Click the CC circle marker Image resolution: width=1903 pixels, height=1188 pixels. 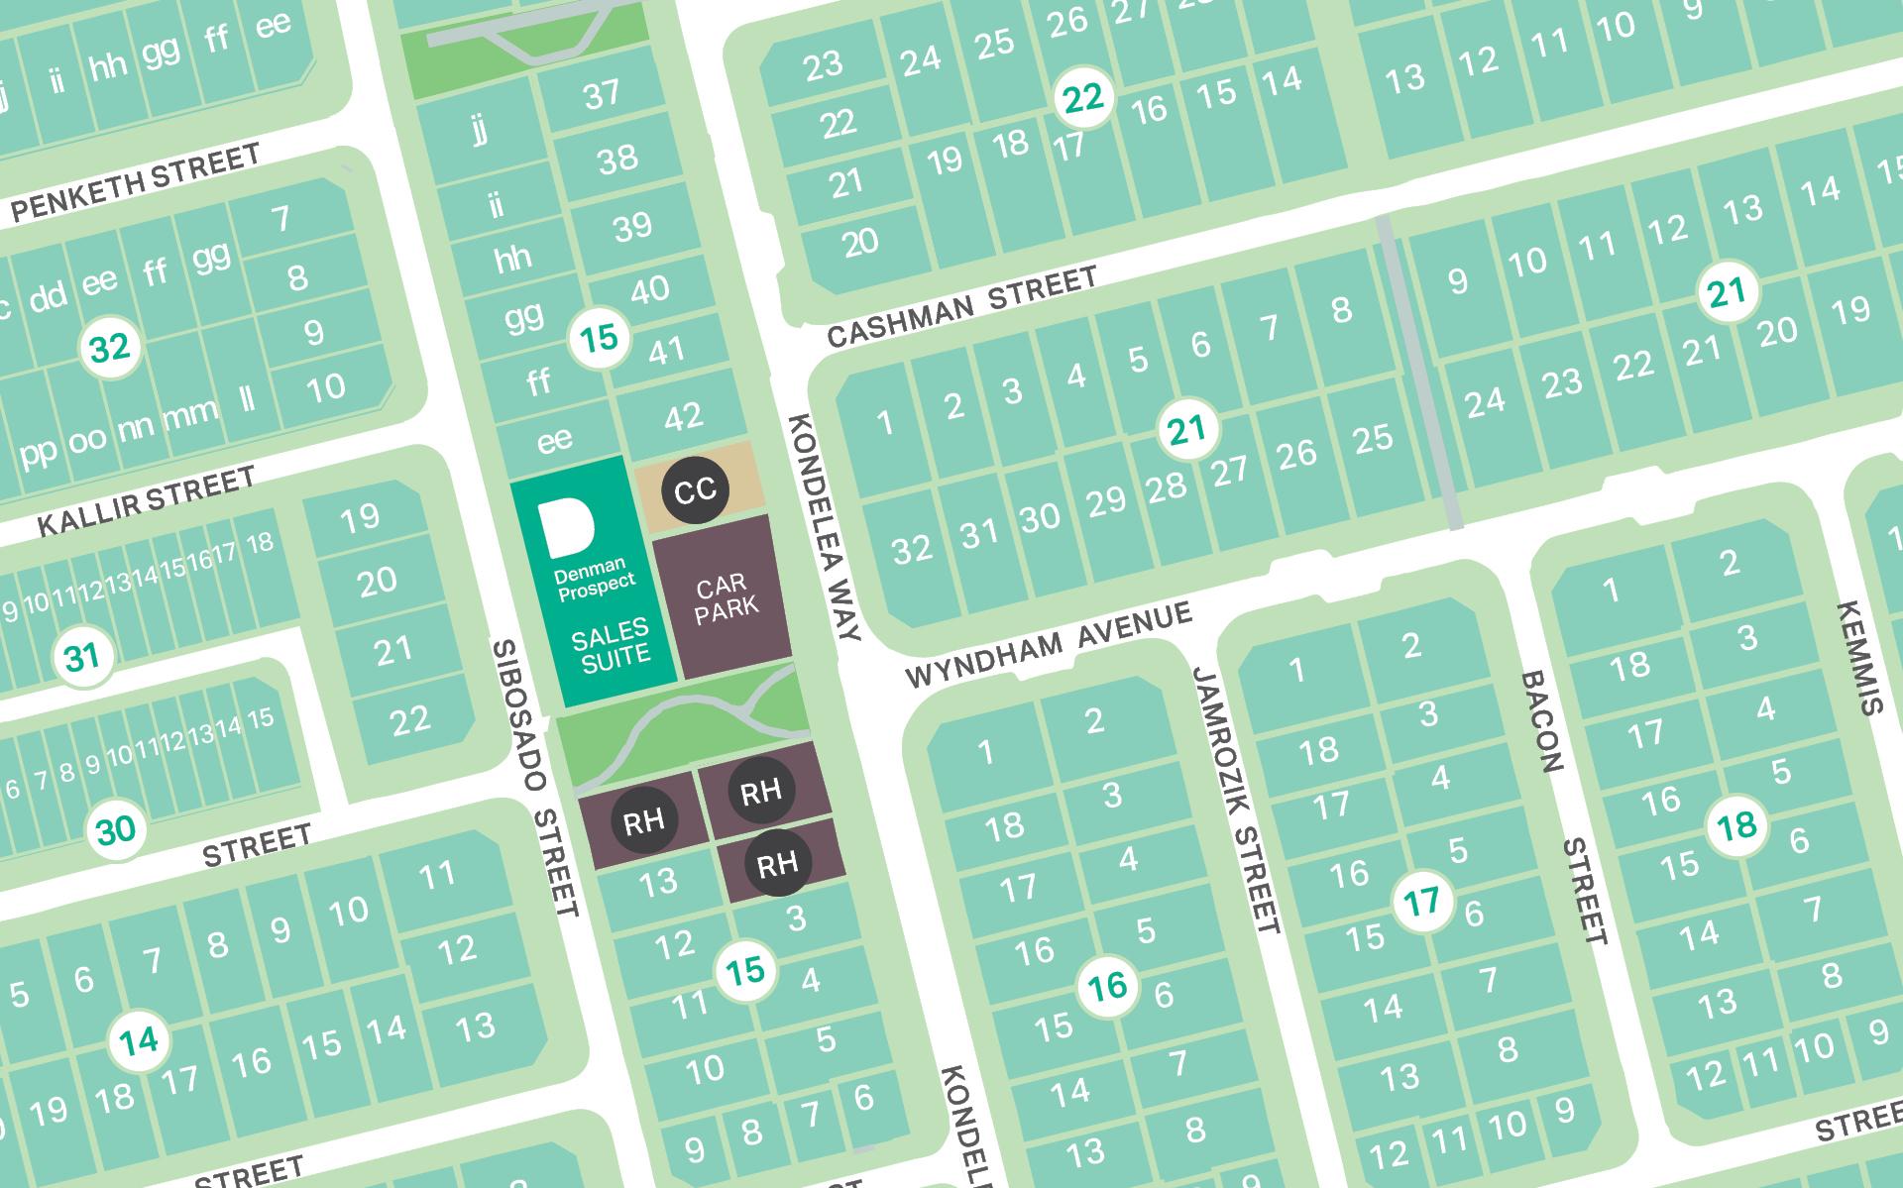[695, 489]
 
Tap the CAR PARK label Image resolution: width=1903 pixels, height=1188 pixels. [727, 597]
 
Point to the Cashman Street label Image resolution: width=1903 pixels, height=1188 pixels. [961, 307]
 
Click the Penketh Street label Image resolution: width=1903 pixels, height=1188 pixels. [136, 182]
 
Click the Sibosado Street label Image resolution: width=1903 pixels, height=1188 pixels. [535, 778]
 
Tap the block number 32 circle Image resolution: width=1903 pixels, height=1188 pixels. [109, 349]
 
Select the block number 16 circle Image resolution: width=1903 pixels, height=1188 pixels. [1107, 986]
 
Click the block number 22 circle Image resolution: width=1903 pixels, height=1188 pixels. [1082, 98]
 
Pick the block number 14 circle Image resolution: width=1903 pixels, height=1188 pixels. [139, 1040]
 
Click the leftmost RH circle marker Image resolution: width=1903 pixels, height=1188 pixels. [643, 820]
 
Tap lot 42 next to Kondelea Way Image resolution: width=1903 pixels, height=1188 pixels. [683, 417]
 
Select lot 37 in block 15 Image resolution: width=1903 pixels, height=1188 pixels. [602, 94]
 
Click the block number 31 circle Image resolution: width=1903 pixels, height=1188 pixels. [81, 657]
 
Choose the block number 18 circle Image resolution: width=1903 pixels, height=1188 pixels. [1736, 825]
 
